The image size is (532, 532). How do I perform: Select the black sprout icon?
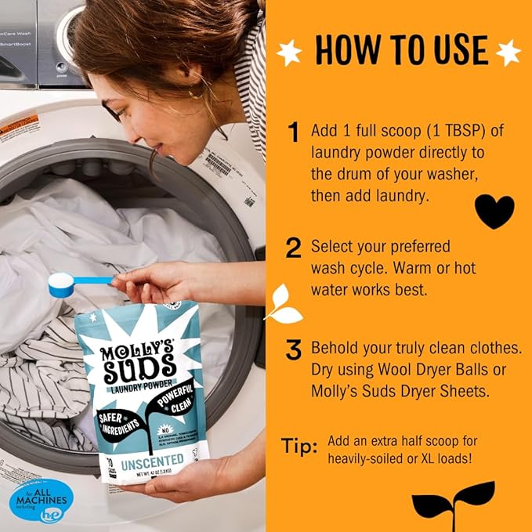(x=454, y=501)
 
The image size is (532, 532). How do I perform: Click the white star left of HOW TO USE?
(x=290, y=52)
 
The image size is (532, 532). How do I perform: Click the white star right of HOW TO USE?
(x=508, y=52)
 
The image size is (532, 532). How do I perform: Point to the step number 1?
(x=294, y=133)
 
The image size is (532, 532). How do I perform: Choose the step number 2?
(x=294, y=248)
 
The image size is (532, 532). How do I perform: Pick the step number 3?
(x=294, y=350)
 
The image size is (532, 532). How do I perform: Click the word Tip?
(x=299, y=447)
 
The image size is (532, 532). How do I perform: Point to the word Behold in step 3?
(x=335, y=348)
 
